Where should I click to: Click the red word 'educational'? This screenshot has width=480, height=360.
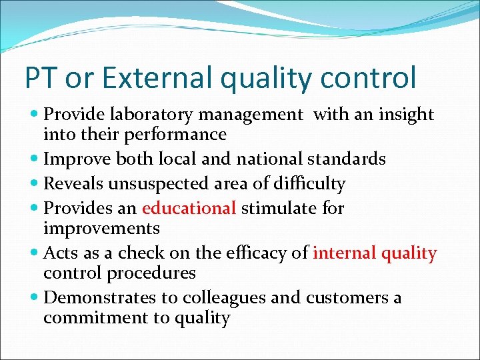coord(189,208)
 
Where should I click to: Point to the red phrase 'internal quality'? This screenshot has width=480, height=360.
coord(375,253)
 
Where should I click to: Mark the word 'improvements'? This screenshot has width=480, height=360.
coord(101,229)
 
